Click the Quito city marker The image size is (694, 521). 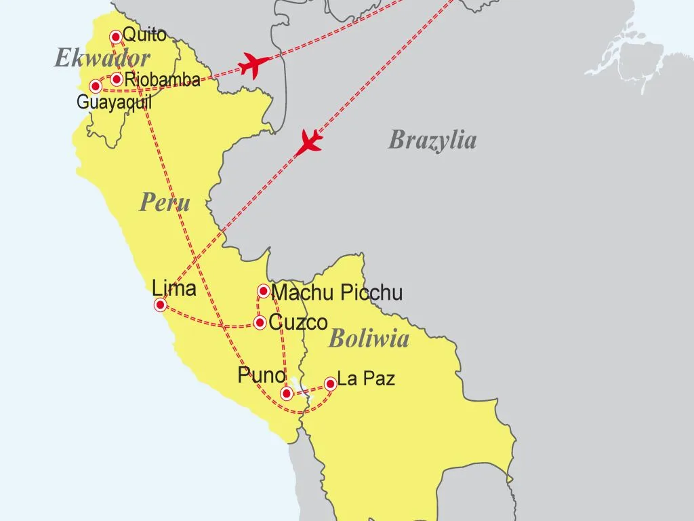[x=116, y=36]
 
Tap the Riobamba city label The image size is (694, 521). [x=162, y=80]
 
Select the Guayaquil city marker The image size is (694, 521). [x=96, y=86]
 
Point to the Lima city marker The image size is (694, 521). [x=161, y=305]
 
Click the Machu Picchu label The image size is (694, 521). [x=337, y=293]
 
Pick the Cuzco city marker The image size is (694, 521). [x=260, y=323]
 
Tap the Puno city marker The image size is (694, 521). [x=287, y=393]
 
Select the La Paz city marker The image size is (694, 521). [x=331, y=384]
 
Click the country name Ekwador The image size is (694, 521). [x=102, y=58]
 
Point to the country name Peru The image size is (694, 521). [x=165, y=202]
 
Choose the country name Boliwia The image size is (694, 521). [x=369, y=339]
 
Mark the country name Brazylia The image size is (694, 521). [x=432, y=140]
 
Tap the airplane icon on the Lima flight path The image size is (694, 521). [x=310, y=142]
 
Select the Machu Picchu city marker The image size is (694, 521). [x=264, y=291]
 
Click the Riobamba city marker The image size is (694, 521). [x=117, y=79]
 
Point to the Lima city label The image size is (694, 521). [x=174, y=288]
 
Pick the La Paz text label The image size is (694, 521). [x=366, y=379]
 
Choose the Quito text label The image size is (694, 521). [x=144, y=35]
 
